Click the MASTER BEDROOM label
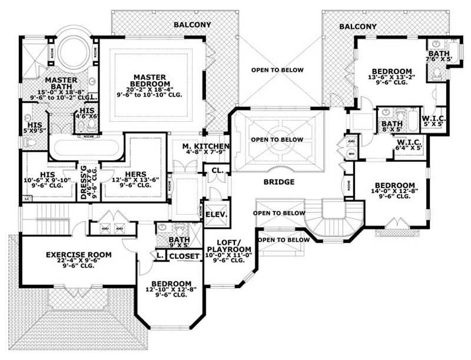click(151, 77)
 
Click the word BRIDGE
click(278, 182)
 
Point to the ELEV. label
click(215, 215)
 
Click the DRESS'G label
click(84, 182)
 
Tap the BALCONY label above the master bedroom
click(191, 25)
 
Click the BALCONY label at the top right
click(358, 26)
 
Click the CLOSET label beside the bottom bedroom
click(184, 256)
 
